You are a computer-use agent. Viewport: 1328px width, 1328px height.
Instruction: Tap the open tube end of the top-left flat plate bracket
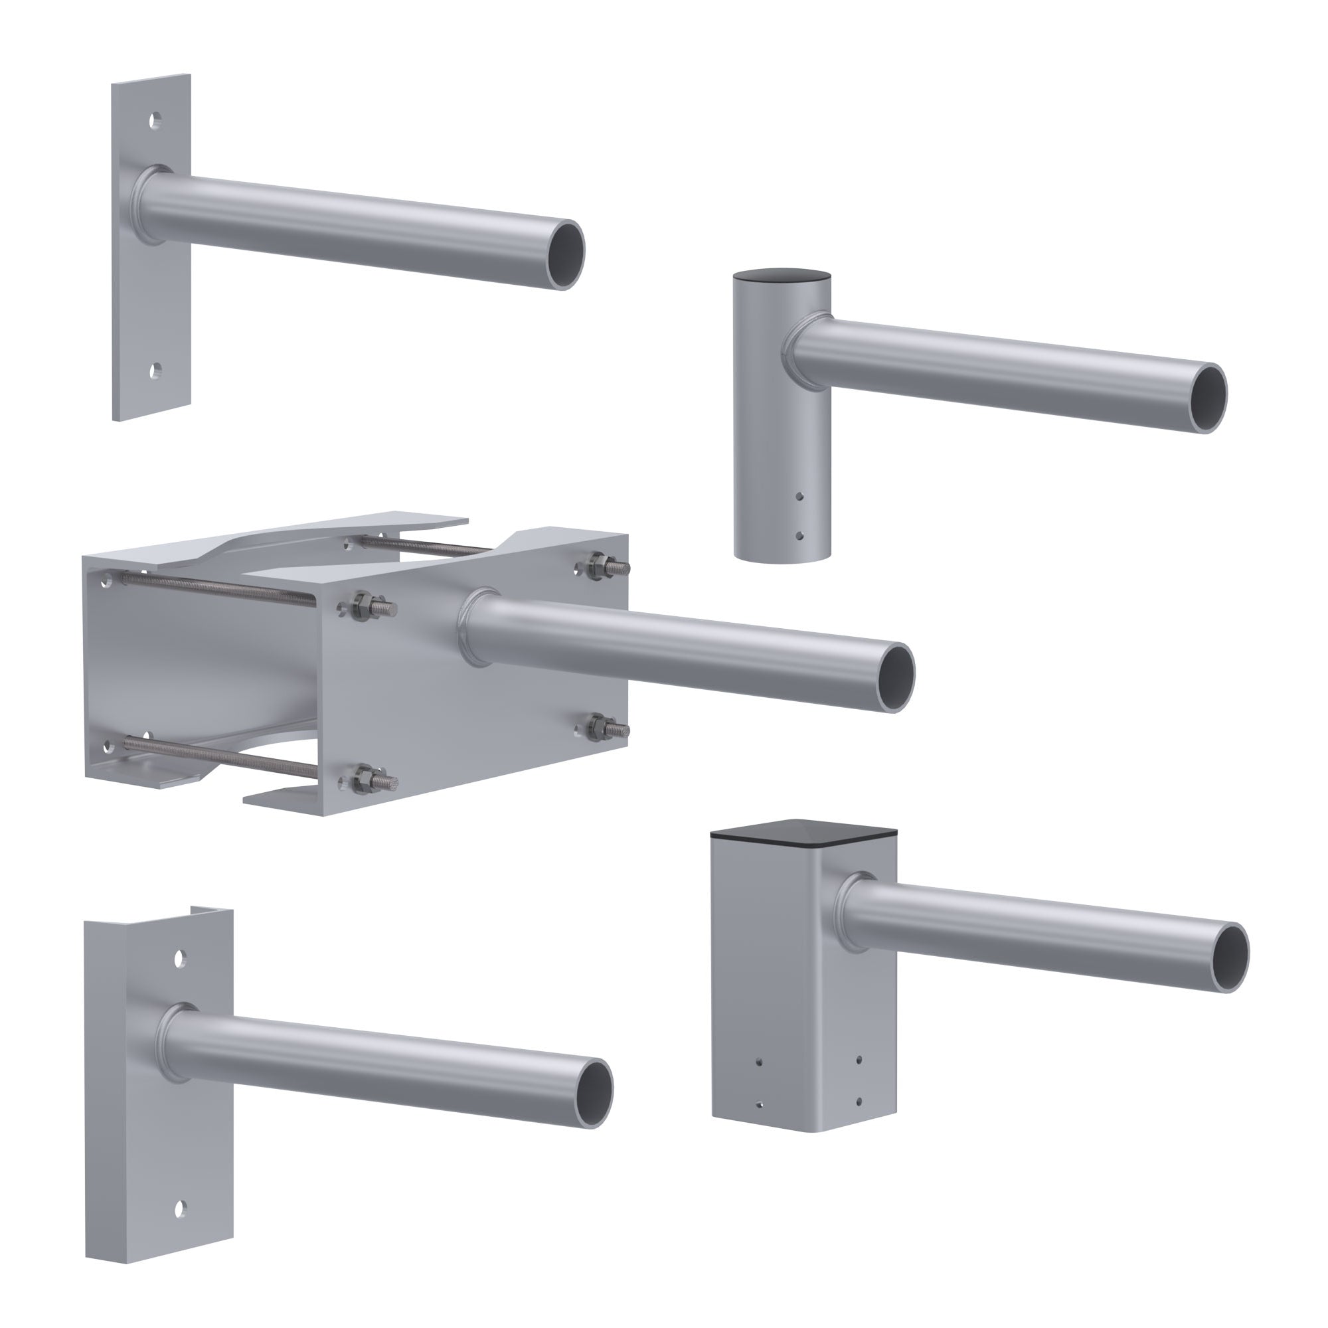pos(568,255)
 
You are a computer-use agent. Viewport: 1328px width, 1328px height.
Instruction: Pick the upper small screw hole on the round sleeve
pos(798,495)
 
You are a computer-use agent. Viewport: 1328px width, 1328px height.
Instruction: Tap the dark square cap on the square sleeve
pos(803,832)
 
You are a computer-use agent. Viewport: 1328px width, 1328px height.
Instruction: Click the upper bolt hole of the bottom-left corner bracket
pos(180,957)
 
